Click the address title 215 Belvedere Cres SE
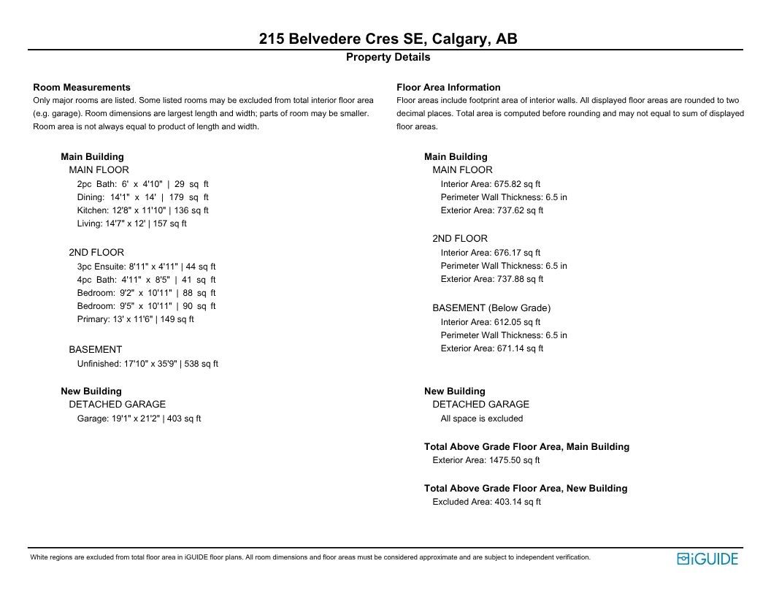388,39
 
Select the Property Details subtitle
388,57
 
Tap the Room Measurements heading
82,87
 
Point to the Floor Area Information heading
448,87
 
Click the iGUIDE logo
707,559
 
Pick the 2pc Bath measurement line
142,184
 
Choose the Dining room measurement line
142,197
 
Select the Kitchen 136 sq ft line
142,210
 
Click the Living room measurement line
131,223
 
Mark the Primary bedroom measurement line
135,319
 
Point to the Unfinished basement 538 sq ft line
147,363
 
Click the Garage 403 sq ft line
139,419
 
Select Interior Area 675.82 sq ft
491,184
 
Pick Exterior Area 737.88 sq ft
492,279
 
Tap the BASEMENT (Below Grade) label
491,307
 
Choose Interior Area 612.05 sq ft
491,321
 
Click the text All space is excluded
482,419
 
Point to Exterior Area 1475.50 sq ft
486,460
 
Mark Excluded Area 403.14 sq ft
486,502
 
